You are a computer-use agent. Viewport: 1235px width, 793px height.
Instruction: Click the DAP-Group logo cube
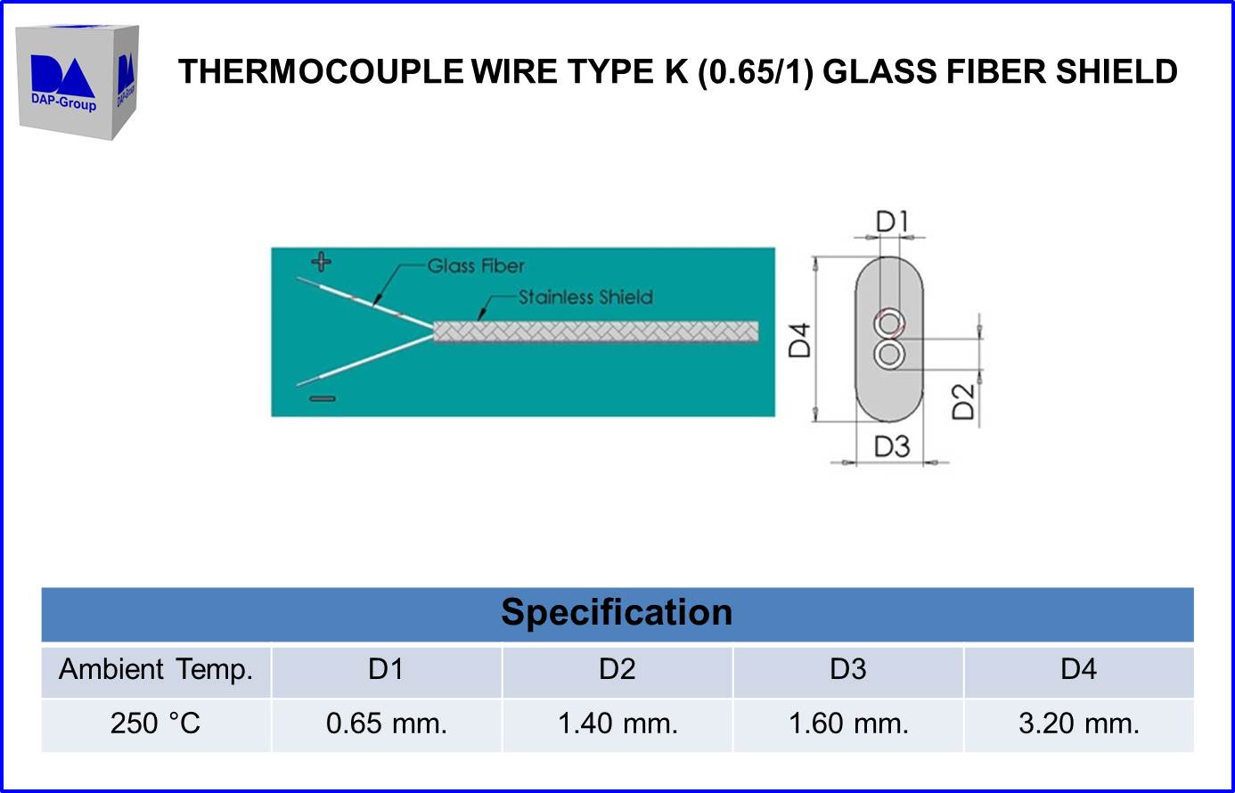tap(78, 82)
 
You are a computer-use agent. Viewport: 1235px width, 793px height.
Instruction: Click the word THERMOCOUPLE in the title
tap(321, 71)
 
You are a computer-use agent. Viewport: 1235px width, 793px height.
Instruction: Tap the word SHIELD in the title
tap(1116, 71)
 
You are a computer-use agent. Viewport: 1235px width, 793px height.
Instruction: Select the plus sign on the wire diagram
tap(322, 261)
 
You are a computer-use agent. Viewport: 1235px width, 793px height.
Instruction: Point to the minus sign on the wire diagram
tap(323, 398)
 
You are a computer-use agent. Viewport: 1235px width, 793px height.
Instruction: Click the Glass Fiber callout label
tap(476, 266)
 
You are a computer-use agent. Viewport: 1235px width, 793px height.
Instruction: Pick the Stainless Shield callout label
tap(585, 298)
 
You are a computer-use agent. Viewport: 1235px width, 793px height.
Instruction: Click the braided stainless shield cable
tap(595, 331)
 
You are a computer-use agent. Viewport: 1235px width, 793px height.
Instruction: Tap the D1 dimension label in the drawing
tap(892, 222)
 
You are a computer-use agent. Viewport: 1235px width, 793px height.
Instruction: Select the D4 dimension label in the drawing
tap(799, 340)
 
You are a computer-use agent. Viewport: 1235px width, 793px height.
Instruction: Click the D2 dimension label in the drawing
tap(963, 402)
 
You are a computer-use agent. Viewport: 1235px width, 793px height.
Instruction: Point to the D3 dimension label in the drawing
tap(892, 446)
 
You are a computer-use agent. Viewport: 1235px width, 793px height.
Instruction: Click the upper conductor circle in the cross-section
tap(888, 323)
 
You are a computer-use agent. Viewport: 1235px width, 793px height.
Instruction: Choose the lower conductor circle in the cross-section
tap(888, 354)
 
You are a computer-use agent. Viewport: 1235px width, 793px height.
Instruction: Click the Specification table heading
tap(617, 612)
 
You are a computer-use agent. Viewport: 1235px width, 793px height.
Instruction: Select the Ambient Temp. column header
tap(156, 669)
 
